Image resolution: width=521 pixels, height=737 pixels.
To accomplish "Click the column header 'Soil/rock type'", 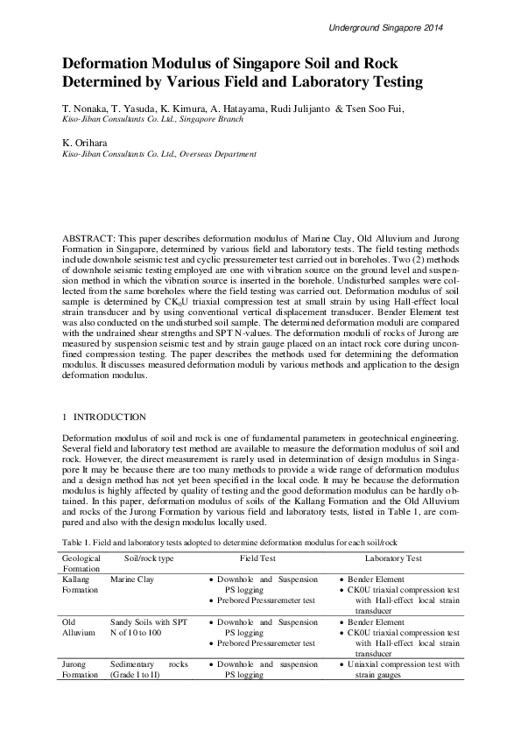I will click(x=149, y=558).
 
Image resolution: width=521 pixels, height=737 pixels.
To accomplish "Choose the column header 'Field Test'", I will click(x=259, y=558).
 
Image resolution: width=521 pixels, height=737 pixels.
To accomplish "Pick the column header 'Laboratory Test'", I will click(x=393, y=558).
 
